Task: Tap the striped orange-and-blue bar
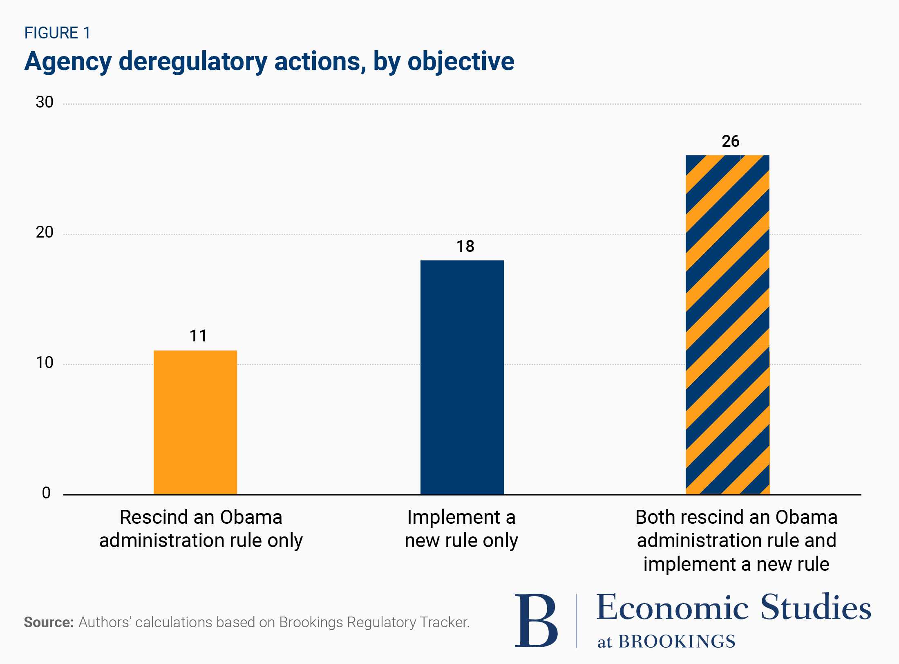click(x=727, y=325)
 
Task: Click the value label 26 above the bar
click(x=730, y=141)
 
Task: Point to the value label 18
click(x=465, y=247)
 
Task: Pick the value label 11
click(x=198, y=336)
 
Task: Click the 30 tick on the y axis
click(x=45, y=102)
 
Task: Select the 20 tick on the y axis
click(x=45, y=232)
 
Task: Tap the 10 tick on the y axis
click(x=45, y=363)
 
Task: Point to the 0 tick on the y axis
click(x=46, y=493)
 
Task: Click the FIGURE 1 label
click(x=57, y=33)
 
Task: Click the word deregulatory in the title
click(x=193, y=62)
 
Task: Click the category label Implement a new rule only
click(x=461, y=529)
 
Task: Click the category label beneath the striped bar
click(x=736, y=541)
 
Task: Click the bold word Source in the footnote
click(x=48, y=622)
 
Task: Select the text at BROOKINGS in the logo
click(x=666, y=642)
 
